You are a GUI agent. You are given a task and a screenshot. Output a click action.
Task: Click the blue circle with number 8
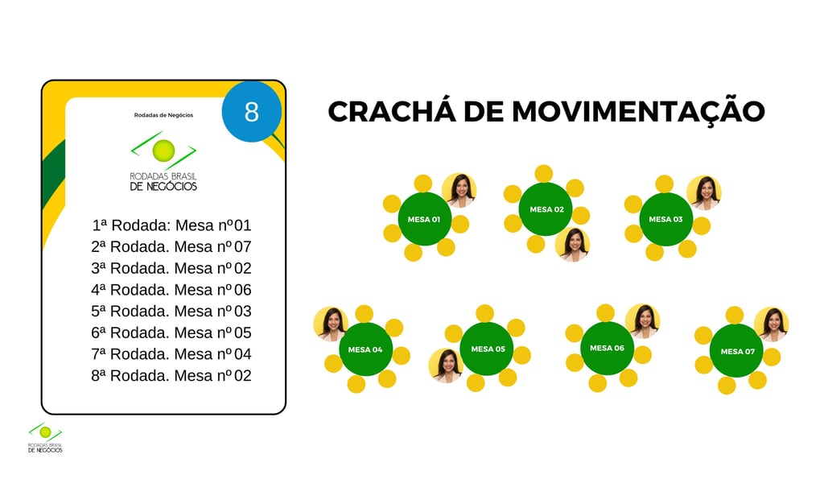[251, 112]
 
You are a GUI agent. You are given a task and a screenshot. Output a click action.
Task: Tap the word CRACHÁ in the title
[391, 111]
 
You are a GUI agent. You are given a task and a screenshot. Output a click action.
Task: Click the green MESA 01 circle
[424, 219]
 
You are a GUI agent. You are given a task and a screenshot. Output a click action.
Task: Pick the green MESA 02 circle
[546, 209]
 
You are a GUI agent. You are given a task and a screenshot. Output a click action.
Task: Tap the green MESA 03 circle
[665, 219]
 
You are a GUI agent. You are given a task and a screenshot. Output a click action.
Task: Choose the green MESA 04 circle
[365, 349]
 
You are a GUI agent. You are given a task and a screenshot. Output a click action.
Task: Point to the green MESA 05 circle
[488, 349]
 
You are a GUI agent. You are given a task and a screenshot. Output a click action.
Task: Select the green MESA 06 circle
[607, 348]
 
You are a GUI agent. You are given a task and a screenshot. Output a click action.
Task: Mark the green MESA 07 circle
[736, 351]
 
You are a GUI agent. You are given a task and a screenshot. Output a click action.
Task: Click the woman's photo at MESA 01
[459, 190]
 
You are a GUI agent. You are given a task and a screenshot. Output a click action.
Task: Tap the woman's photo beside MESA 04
[331, 324]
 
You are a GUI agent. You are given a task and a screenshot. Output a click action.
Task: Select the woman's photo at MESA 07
[772, 324]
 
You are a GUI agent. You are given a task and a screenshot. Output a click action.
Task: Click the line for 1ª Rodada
[171, 225]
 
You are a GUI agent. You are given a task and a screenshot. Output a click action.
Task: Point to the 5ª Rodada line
[171, 312]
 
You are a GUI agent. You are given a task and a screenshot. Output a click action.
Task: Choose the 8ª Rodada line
[171, 376]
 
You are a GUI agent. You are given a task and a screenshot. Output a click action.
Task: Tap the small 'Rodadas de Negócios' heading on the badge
[163, 115]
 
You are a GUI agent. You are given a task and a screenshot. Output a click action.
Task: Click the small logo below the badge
[45, 437]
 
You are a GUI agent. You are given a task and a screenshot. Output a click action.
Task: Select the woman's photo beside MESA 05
[446, 365]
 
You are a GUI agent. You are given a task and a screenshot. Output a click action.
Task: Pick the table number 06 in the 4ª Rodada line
[242, 290]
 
